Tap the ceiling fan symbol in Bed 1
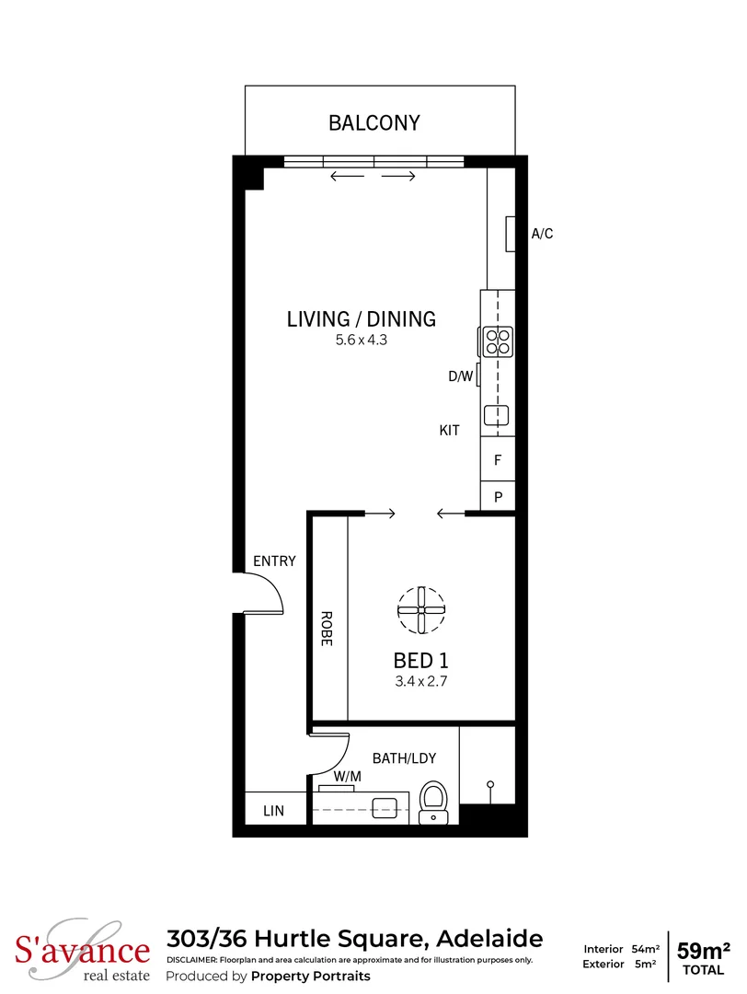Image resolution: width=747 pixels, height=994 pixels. click(x=420, y=610)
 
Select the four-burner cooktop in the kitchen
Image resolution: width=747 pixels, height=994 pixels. click(x=498, y=341)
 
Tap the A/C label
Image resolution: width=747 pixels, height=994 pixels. click(x=542, y=234)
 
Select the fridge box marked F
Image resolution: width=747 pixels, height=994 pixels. click(x=498, y=459)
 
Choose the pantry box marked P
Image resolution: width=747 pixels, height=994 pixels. click(x=498, y=497)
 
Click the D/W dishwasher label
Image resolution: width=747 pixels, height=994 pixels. click(x=460, y=376)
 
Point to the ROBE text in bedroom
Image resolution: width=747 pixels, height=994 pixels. click(x=326, y=629)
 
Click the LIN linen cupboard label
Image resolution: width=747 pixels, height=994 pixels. click(x=273, y=811)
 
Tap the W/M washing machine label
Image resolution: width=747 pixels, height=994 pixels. click(x=346, y=777)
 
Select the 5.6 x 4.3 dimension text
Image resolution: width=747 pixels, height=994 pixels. click(x=362, y=341)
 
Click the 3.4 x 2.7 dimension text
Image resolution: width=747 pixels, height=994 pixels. click(x=420, y=682)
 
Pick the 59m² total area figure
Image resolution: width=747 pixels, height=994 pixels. click(x=704, y=950)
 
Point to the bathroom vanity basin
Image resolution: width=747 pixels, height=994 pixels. click(x=385, y=808)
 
